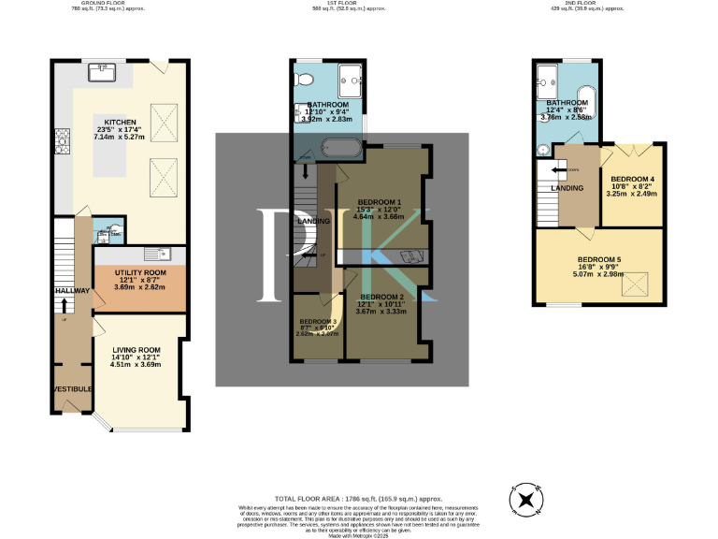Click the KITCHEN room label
coord(120,123)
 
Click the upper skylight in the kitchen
coord(165,122)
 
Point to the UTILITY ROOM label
coord(139,272)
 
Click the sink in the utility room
coord(153,254)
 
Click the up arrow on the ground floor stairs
coord(65,305)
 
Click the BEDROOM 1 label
coord(381,202)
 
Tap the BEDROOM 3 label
coord(317,321)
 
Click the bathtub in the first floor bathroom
coord(339,146)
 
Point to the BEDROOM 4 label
coord(633,179)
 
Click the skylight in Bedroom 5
coord(640,278)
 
